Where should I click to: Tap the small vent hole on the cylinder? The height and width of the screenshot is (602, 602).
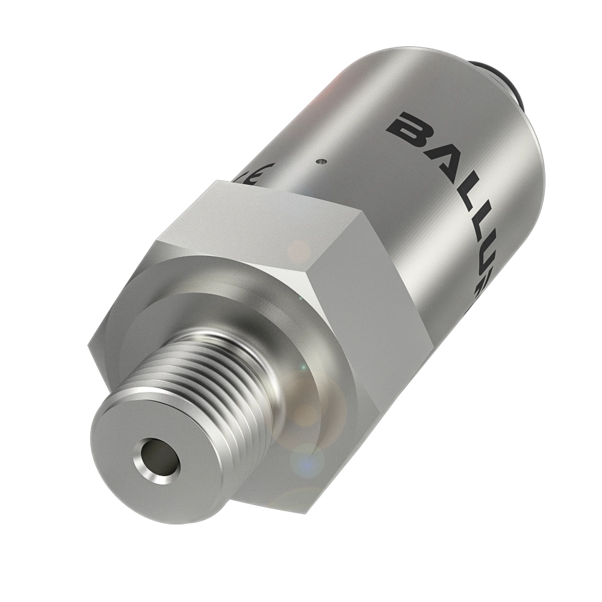click(322, 161)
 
